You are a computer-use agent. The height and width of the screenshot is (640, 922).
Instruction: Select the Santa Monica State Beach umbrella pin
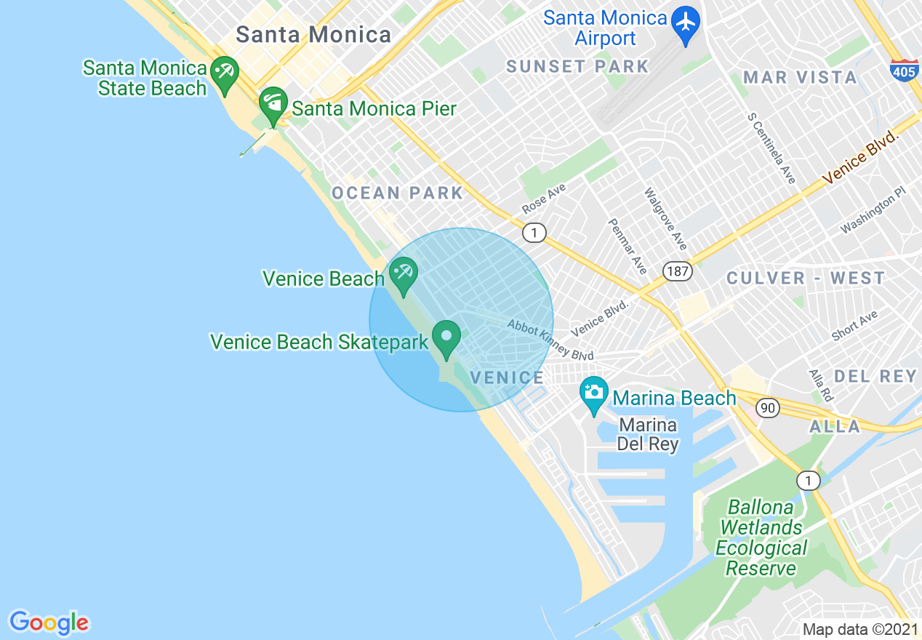click(225, 73)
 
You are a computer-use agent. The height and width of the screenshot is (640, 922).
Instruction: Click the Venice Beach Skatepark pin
click(446, 337)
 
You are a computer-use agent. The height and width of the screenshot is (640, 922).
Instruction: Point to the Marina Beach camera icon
click(594, 393)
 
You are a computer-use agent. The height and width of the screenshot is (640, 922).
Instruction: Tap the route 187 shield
click(677, 271)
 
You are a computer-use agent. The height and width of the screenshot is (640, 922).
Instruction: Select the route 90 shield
click(768, 408)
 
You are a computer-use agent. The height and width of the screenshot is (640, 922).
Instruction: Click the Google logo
click(49, 622)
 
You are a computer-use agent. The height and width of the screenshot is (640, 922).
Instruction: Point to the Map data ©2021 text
click(860, 629)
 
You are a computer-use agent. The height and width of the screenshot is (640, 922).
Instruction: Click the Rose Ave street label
click(543, 199)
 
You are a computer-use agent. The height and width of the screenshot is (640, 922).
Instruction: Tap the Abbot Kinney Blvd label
click(550, 340)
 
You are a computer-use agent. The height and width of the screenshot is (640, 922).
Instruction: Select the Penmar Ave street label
click(627, 246)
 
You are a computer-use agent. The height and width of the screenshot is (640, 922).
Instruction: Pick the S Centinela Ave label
click(772, 148)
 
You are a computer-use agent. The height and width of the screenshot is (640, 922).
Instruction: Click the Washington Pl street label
click(873, 209)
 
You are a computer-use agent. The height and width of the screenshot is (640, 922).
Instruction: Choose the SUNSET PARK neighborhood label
click(577, 66)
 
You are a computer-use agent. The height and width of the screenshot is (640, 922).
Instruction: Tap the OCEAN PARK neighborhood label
click(397, 193)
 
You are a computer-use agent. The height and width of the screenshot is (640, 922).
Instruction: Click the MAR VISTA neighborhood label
click(800, 77)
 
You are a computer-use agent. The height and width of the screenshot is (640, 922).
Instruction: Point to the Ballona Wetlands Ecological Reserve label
click(761, 537)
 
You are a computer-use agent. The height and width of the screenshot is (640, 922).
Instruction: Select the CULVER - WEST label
click(806, 278)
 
